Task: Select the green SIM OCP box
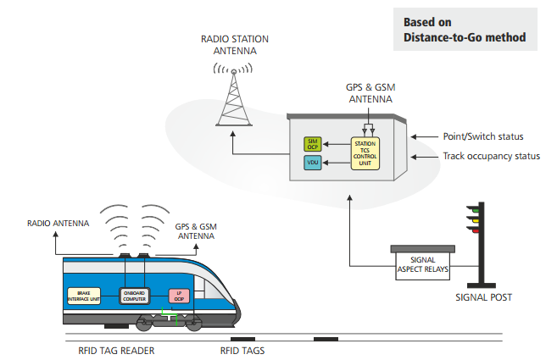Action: pyautogui.click(x=312, y=143)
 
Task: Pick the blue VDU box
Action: pyautogui.click(x=312, y=162)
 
